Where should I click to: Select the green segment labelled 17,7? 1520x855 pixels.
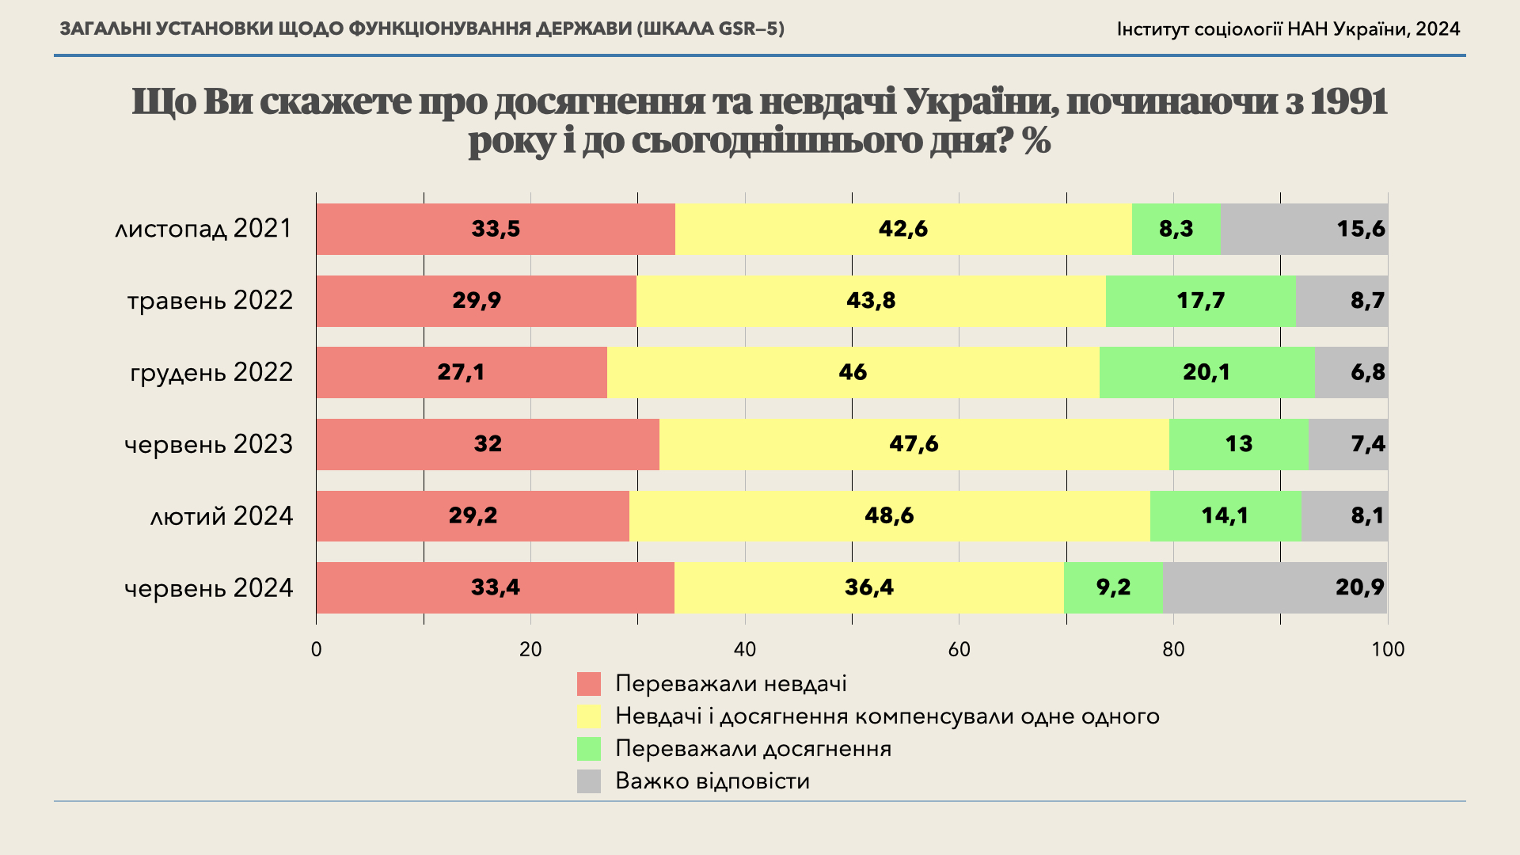1200,301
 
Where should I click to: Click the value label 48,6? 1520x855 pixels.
889,515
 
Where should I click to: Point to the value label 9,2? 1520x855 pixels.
1113,587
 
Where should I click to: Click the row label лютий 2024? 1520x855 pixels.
222,516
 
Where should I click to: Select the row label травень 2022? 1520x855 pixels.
210,301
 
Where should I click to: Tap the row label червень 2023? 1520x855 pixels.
208,444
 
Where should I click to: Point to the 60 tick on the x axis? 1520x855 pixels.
959,650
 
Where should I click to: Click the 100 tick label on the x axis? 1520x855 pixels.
1387,650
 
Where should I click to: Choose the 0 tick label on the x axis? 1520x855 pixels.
317,650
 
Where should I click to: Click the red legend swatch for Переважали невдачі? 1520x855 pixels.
589,684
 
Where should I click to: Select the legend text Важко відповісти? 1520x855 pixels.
712,781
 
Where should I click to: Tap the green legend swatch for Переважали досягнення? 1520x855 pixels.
589,749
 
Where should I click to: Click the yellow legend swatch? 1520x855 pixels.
589,716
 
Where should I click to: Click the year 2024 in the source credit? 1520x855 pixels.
1438,29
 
